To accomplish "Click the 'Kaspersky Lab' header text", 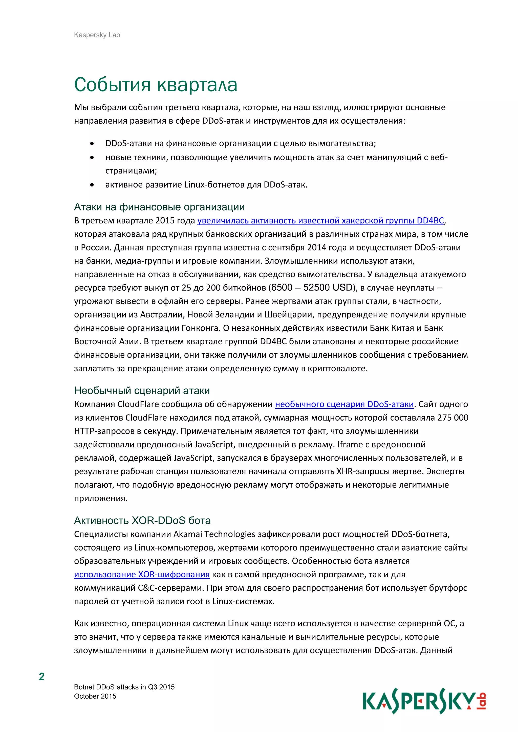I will [x=97, y=35].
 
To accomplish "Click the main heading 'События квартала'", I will [x=156, y=85].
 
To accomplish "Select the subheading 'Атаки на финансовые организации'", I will [x=159, y=207].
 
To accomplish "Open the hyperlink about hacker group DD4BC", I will [x=320, y=221].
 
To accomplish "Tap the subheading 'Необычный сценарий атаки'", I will [x=142, y=391].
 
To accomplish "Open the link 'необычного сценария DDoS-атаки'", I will [x=344, y=404].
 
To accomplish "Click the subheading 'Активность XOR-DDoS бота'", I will [x=142, y=521].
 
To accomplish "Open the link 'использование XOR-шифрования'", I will [x=142, y=575].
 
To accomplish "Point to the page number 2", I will [x=42, y=677].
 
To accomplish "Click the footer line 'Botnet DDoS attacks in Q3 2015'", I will [x=124, y=687].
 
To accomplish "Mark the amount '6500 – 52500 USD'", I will [x=312, y=288].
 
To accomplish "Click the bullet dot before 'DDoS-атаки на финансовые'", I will [x=92, y=144].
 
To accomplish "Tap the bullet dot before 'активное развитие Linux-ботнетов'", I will [x=92, y=185].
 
